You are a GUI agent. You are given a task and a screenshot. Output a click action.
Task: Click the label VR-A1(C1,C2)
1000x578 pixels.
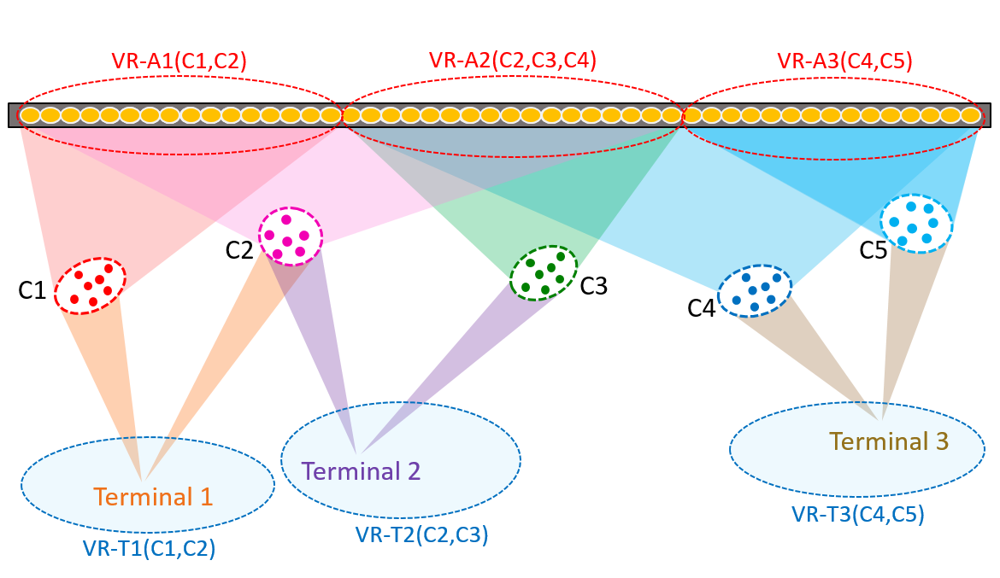click(x=179, y=61)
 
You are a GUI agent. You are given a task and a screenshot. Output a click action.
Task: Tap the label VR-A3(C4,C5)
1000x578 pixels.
click(x=844, y=61)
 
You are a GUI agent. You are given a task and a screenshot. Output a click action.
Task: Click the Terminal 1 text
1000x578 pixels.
click(x=153, y=496)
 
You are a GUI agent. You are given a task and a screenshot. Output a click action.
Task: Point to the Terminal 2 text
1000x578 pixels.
click(x=361, y=471)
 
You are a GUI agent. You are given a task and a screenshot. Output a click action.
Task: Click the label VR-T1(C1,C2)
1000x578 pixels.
click(x=149, y=548)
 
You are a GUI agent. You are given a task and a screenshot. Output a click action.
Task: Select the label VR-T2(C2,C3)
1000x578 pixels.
click(x=421, y=534)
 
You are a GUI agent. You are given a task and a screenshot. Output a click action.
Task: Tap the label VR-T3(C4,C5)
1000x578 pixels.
click(x=857, y=514)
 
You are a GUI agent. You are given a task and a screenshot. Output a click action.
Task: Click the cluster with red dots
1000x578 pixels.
click(x=90, y=285)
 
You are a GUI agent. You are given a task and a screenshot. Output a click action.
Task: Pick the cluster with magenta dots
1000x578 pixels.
click(x=291, y=235)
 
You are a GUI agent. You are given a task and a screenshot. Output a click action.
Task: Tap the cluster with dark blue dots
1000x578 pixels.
click(x=754, y=291)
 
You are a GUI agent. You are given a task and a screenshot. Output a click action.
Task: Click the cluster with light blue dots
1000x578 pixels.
click(x=915, y=223)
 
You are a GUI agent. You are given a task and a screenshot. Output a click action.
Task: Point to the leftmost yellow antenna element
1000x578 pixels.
click(x=30, y=114)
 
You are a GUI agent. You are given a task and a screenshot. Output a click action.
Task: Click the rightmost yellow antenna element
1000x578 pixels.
click(x=970, y=114)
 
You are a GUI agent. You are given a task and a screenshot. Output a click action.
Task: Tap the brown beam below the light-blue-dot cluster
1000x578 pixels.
click(x=903, y=324)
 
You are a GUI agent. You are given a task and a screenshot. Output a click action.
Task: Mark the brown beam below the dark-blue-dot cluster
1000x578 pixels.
click(x=821, y=359)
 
